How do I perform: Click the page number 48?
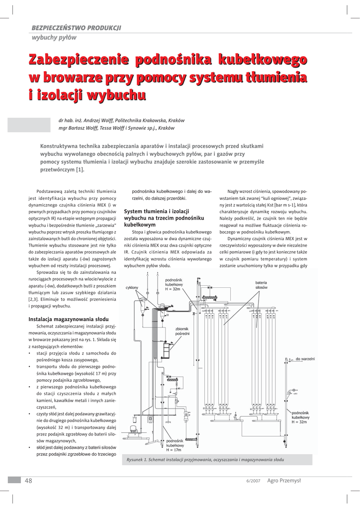point(28,480)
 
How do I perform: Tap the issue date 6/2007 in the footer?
point(253,481)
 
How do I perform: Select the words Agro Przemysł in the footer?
point(284,480)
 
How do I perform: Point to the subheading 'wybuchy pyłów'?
point(54,37)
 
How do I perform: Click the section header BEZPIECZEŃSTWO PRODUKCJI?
point(76,27)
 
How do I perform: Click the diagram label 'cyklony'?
point(132,288)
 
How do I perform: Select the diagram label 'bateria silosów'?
point(262,285)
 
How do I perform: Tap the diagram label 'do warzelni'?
point(305,359)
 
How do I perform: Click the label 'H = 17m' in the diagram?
point(174,450)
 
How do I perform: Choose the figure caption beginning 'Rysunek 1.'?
point(205,460)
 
